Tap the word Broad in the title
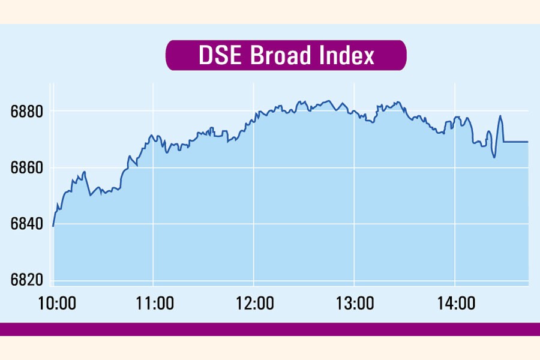tap(281, 55)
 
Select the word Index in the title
tap(346, 55)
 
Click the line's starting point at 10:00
tap(53, 226)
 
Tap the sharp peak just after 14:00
tap(500, 116)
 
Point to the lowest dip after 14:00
tap(494, 157)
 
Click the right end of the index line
tap(528, 142)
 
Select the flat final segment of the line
tap(516, 142)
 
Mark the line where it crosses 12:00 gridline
tap(254, 118)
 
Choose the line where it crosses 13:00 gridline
tap(354, 112)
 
